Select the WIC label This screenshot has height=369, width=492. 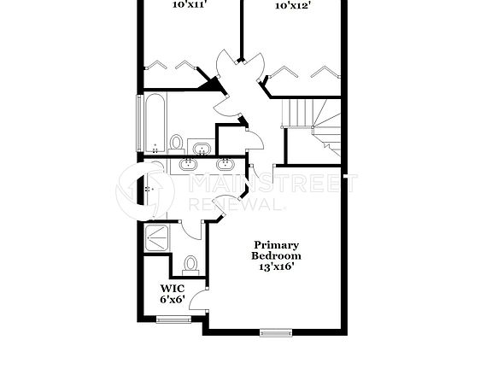click(x=172, y=289)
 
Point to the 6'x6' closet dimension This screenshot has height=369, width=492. click(x=172, y=300)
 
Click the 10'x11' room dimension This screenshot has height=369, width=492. click(x=189, y=4)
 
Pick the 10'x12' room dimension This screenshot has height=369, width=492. click(x=292, y=4)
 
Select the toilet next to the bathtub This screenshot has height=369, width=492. click(x=177, y=142)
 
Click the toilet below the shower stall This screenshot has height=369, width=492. click(x=191, y=264)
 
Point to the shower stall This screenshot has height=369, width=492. click(x=156, y=237)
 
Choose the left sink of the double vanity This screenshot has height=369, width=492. click(x=186, y=165)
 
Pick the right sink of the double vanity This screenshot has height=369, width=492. click(x=226, y=165)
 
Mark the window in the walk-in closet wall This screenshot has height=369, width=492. click(x=173, y=319)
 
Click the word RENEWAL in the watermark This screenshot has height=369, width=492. click(x=236, y=205)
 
